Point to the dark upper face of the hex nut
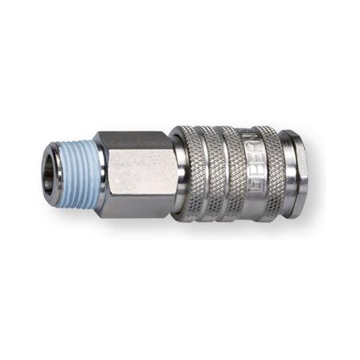(134, 140)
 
